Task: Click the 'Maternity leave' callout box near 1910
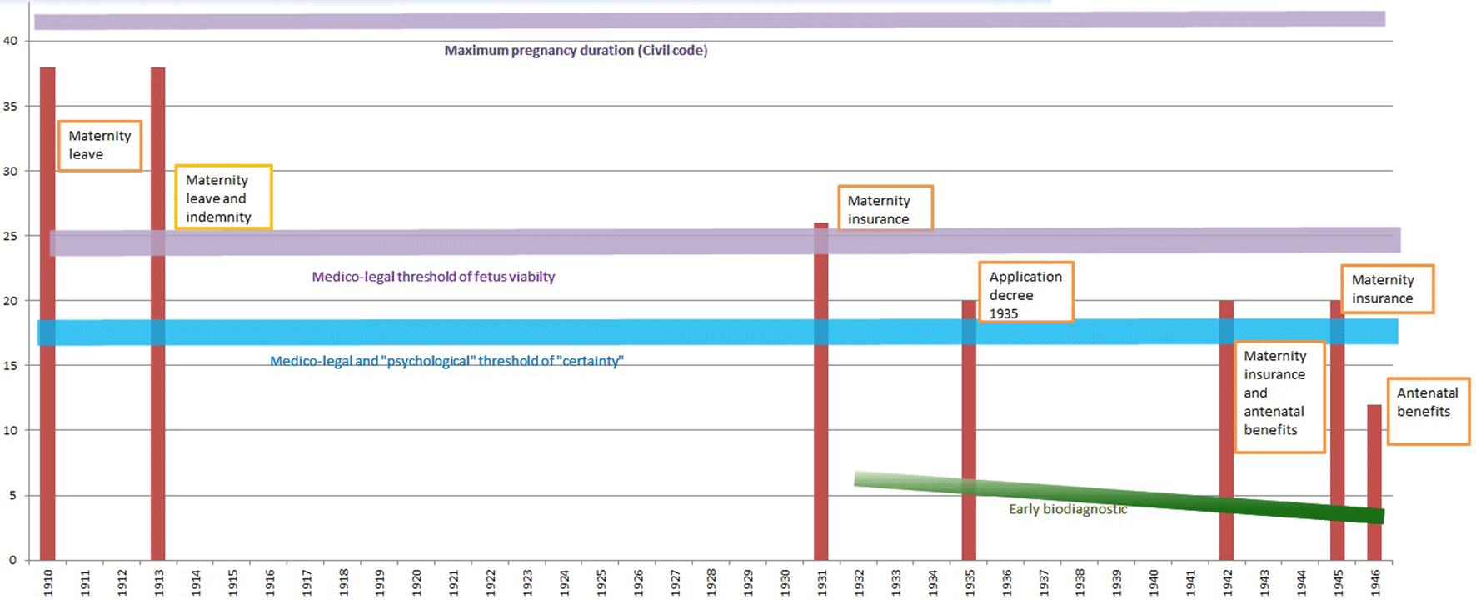click(x=99, y=145)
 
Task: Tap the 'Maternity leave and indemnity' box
click(x=223, y=197)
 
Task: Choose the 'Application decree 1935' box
click(x=1025, y=292)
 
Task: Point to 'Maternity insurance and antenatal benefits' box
click(x=1279, y=396)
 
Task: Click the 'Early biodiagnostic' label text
click(x=1068, y=509)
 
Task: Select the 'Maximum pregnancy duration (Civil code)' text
click(x=576, y=51)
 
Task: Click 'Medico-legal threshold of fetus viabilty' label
click(x=433, y=277)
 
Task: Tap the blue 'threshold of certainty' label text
click(x=446, y=361)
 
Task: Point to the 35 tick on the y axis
click(x=10, y=106)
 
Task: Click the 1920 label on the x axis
click(x=416, y=582)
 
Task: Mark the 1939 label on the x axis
click(x=1116, y=582)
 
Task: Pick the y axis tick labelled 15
click(x=10, y=365)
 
